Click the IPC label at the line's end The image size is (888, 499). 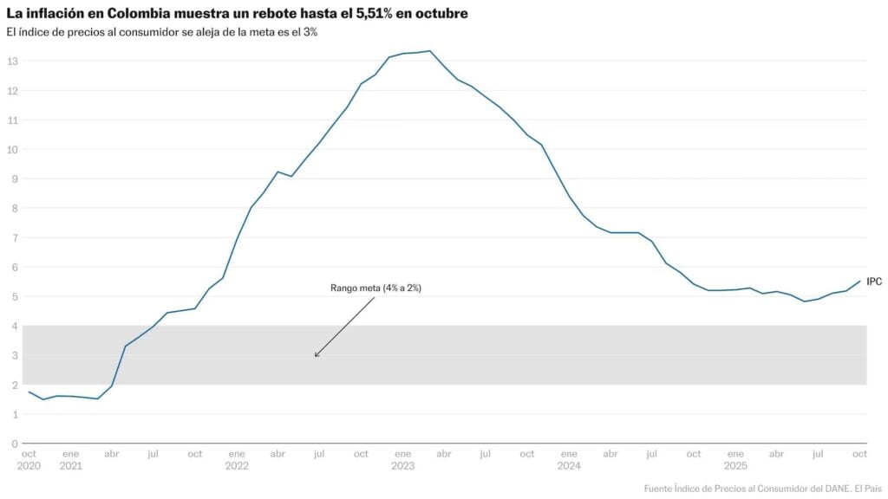[x=874, y=282]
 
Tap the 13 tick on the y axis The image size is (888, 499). [x=12, y=62]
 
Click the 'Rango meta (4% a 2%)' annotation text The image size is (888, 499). [x=375, y=288]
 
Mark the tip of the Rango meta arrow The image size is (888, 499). [x=315, y=356]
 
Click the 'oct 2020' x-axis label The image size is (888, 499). [x=29, y=459]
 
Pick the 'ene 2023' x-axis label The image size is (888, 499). [x=402, y=459]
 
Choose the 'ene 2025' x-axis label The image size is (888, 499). [x=735, y=459]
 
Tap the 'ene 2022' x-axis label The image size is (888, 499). [x=236, y=459]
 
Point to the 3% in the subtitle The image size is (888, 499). [x=310, y=32]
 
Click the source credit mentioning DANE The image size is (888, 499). [x=762, y=487]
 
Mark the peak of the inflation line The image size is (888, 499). [x=429, y=50]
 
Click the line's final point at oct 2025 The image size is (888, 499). [x=859, y=281]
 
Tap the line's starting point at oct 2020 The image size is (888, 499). [x=29, y=392]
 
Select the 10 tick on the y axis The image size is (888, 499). [x=12, y=149]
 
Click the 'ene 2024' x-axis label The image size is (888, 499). [x=569, y=459]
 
